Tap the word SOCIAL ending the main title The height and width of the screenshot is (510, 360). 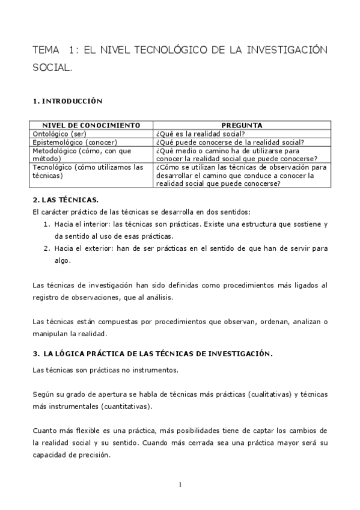tap(52, 69)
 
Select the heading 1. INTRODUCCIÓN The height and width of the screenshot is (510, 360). tap(68, 102)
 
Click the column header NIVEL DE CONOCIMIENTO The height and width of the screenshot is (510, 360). tap(91, 124)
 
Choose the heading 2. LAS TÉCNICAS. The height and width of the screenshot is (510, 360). tap(66, 198)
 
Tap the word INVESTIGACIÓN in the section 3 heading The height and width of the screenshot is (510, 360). tap(239, 354)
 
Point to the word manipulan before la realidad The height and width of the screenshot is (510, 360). tap(50, 333)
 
